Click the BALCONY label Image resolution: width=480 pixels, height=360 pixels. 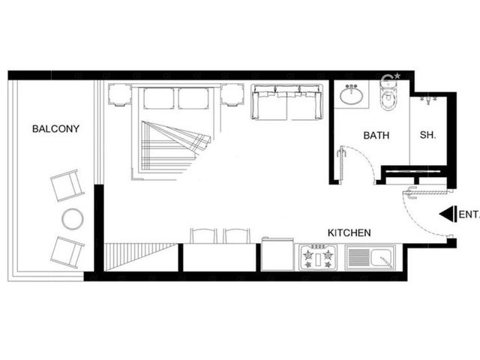(x=55, y=128)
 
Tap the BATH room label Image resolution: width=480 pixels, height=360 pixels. (x=376, y=135)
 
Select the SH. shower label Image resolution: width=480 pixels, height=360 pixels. (x=427, y=135)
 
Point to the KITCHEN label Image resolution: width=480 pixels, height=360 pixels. (x=349, y=233)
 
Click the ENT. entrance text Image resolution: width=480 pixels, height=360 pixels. (x=469, y=214)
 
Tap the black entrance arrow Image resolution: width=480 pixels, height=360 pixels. (x=448, y=214)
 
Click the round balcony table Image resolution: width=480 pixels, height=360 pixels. (x=73, y=219)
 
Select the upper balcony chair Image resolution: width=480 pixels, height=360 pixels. (x=67, y=185)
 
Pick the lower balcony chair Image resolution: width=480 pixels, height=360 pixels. (x=67, y=253)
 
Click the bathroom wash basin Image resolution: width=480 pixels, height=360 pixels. (x=352, y=94)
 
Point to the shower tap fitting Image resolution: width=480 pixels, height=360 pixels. (x=428, y=100)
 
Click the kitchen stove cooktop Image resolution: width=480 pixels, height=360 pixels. (x=318, y=257)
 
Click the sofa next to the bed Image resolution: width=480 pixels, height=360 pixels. (x=286, y=102)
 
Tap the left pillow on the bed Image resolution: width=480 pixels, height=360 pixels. (x=159, y=98)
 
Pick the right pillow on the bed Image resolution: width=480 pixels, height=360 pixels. (x=193, y=98)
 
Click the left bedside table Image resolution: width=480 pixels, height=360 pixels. (x=120, y=95)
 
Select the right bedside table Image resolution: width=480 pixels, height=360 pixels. (x=232, y=95)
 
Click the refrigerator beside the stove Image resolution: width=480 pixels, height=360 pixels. (x=277, y=254)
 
